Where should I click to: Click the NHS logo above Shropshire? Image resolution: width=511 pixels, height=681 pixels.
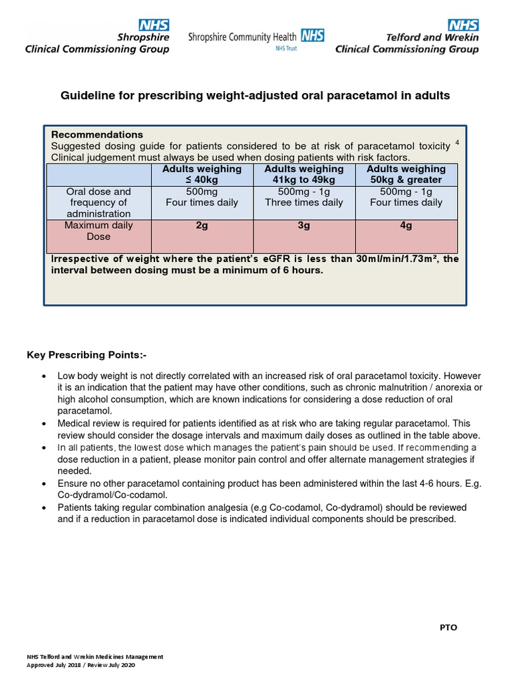(x=154, y=26)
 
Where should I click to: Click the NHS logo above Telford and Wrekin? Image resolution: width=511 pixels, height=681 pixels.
(x=462, y=26)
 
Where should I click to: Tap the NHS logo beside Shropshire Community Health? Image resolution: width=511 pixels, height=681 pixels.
(x=313, y=36)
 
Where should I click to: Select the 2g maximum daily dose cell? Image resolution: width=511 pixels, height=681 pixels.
(x=202, y=225)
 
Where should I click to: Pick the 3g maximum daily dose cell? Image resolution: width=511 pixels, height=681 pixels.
(x=304, y=225)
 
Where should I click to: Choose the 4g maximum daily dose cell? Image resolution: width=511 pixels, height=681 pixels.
(x=406, y=225)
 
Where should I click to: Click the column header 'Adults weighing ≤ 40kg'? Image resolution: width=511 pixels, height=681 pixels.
(x=202, y=174)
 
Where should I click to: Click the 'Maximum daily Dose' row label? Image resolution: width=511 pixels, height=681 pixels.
(x=98, y=231)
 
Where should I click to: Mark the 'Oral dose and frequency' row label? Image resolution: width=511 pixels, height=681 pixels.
(x=98, y=202)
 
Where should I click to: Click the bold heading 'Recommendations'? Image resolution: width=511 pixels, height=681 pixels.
(x=97, y=134)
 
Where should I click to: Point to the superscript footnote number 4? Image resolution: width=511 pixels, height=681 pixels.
(x=457, y=142)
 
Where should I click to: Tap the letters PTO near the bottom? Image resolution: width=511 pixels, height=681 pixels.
(x=448, y=628)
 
